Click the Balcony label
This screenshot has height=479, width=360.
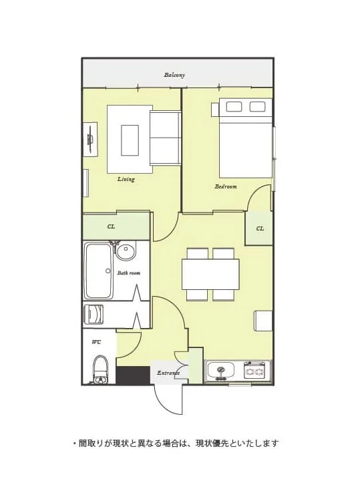(x=174, y=75)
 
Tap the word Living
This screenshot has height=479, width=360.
(x=126, y=179)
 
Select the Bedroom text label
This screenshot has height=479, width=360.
(x=226, y=186)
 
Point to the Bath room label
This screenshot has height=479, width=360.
(x=129, y=273)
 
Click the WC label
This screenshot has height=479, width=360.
(x=96, y=342)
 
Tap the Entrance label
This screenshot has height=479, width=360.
(x=168, y=373)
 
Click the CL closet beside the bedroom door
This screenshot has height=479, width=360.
(x=260, y=228)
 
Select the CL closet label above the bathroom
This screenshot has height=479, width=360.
(x=111, y=226)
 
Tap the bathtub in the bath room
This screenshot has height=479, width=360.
(x=99, y=271)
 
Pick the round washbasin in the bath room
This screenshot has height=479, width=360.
(x=126, y=252)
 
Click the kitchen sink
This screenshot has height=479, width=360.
(x=221, y=371)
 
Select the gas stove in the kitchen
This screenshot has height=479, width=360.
(x=254, y=371)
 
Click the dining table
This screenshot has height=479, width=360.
(x=210, y=274)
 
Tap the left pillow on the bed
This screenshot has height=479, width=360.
(x=234, y=107)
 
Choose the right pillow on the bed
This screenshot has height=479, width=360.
(x=257, y=107)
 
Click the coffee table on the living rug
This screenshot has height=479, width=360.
(x=130, y=140)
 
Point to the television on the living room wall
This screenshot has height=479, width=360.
(x=91, y=140)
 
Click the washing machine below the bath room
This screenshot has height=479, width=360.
(x=94, y=314)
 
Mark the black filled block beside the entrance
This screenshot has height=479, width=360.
(x=133, y=375)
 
